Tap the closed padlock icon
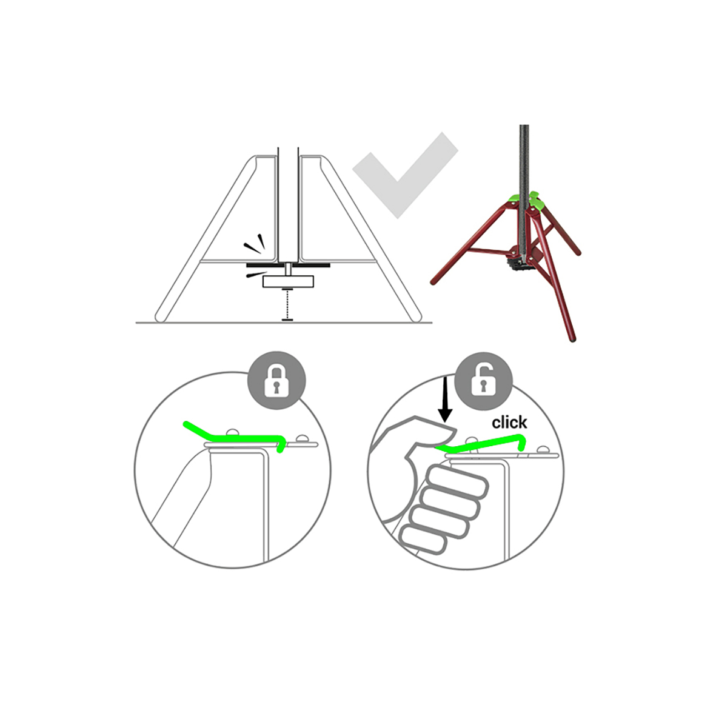[276, 380]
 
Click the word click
[509, 423]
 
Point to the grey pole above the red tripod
[524, 160]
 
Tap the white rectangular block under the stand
[288, 281]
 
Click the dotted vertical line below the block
[287, 304]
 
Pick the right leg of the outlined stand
[369, 238]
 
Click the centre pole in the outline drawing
[288, 206]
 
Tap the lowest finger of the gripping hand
[423, 540]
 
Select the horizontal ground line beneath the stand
[284, 323]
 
